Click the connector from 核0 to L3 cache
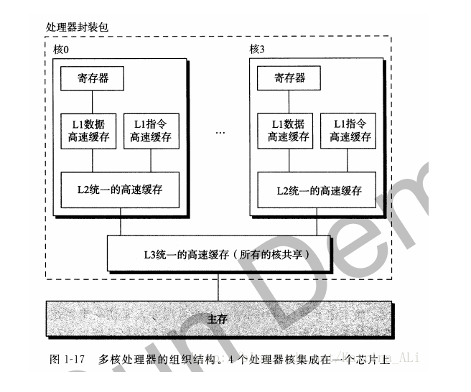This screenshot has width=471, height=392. [x=120, y=226]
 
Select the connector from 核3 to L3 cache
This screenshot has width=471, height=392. [x=316, y=226]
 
